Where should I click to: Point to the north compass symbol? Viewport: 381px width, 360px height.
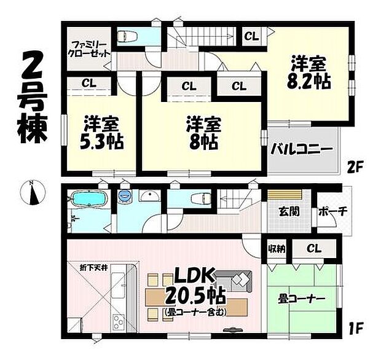coord(33,193)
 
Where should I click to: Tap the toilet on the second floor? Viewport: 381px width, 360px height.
coord(130,35)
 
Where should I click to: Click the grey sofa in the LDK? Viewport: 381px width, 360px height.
coord(241,282)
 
